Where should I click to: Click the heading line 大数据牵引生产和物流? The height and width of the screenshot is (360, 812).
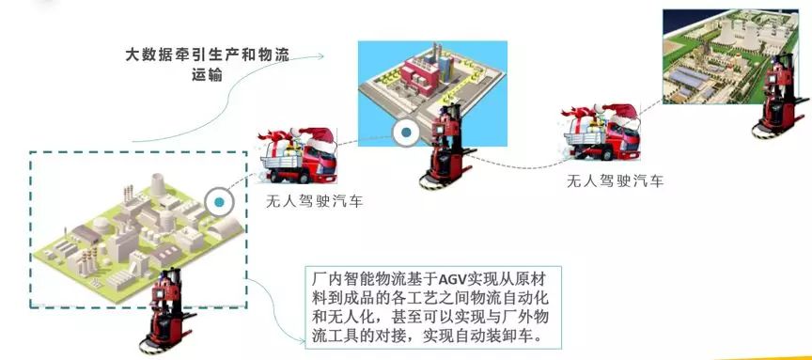point(207,55)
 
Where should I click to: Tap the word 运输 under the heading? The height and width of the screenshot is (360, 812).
point(207,75)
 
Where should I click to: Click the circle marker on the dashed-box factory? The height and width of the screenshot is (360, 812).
point(220,202)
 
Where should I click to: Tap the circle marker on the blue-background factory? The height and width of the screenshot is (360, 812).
point(407,133)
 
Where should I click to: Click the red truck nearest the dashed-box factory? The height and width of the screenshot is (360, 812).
point(298,155)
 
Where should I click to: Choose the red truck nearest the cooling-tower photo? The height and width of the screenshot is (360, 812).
point(601,133)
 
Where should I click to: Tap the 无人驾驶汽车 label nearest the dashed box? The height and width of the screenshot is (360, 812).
point(314,201)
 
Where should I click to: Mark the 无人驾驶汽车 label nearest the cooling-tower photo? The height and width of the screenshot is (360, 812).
point(616,180)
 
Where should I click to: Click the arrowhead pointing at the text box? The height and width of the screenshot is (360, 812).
point(304,340)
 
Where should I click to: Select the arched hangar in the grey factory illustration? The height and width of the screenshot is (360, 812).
point(224,227)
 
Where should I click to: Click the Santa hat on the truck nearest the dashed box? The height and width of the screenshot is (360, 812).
point(316,138)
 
